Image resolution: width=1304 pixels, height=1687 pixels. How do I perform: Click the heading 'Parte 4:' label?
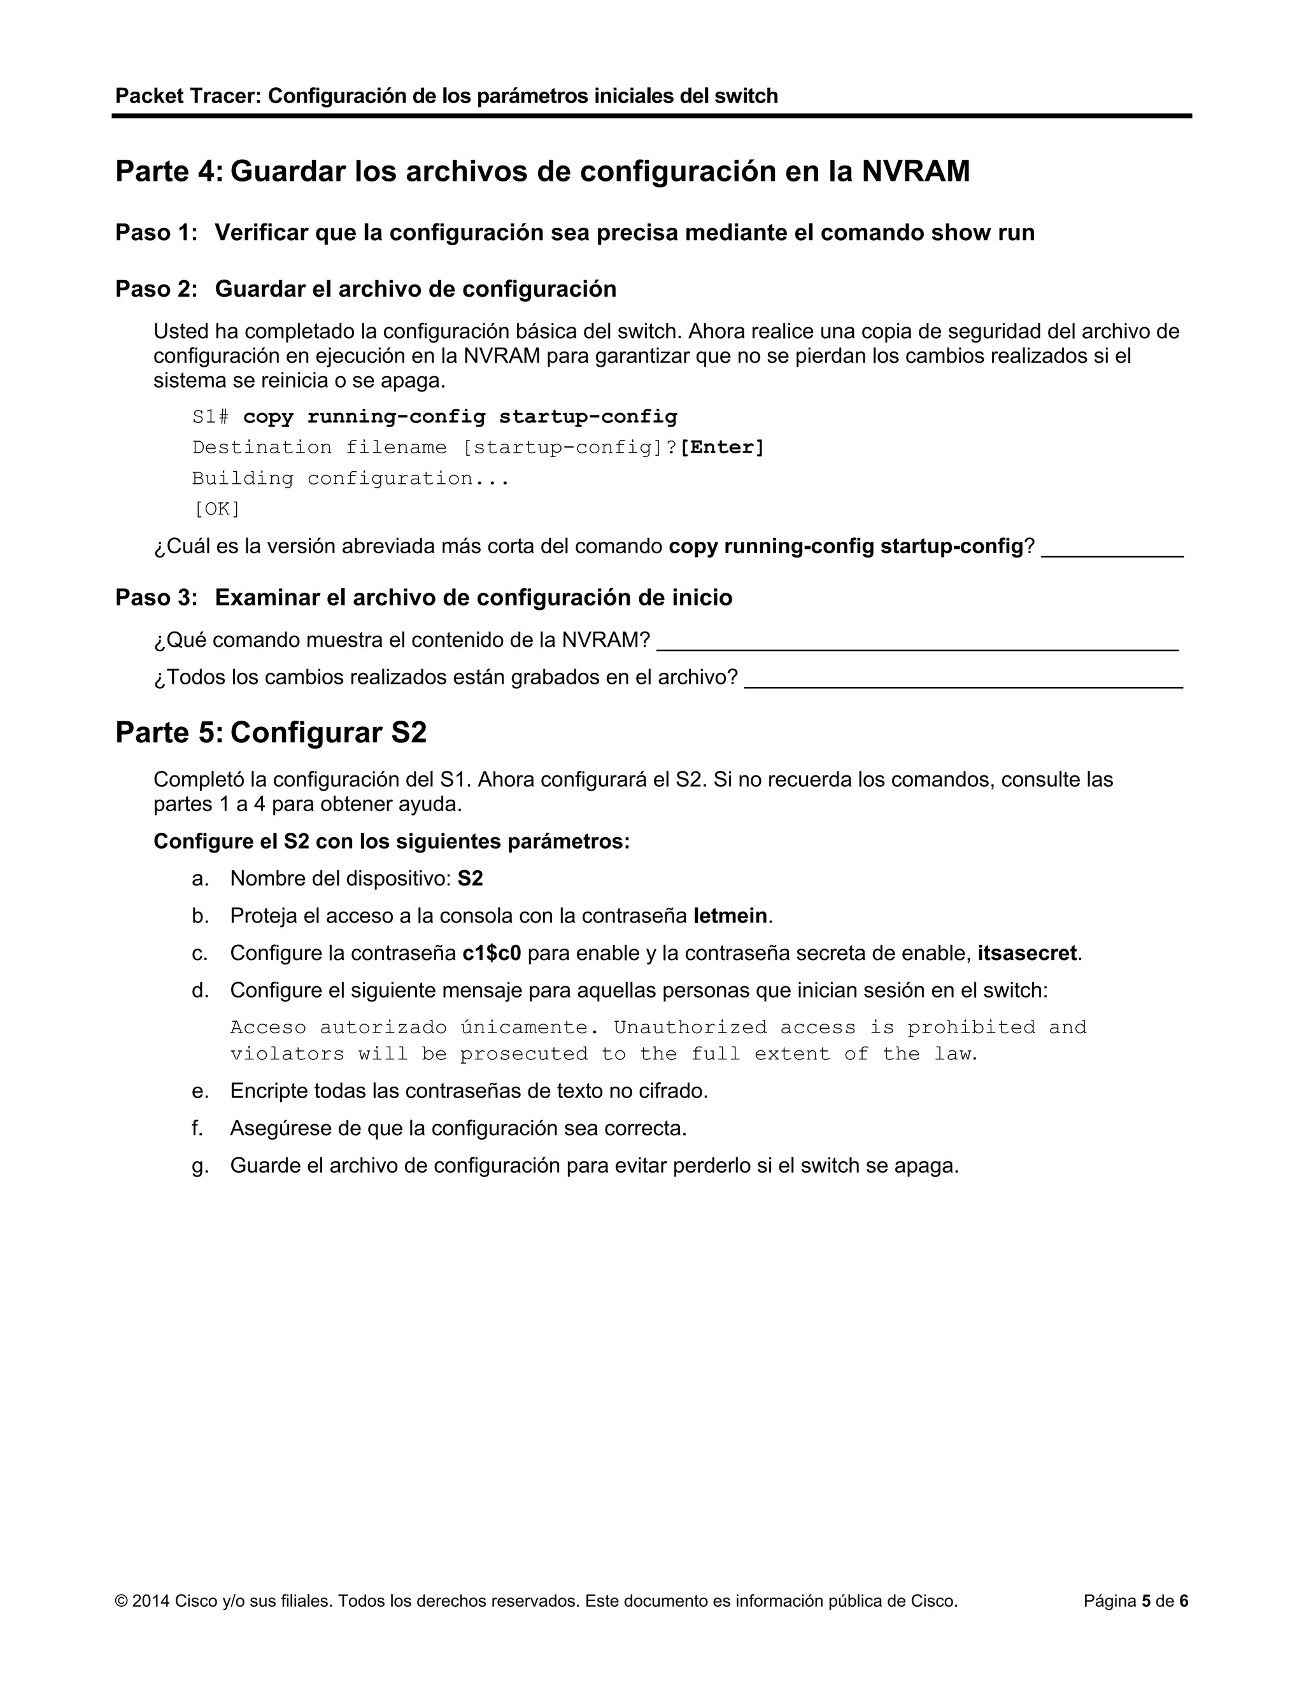(x=168, y=171)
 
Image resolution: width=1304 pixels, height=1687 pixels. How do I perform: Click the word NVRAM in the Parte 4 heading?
(x=916, y=171)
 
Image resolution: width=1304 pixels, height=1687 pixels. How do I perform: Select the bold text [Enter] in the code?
(x=722, y=448)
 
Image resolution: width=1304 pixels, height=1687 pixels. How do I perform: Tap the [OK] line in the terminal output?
(x=216, y=509)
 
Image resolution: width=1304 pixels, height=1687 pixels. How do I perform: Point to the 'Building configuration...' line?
(x=351, y=479)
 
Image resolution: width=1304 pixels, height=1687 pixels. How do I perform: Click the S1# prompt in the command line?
(x=210, y=417)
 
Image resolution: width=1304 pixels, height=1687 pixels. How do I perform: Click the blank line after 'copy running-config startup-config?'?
(x=1112, y=550)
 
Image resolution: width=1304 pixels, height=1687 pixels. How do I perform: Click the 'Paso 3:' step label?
(x=157, y=598)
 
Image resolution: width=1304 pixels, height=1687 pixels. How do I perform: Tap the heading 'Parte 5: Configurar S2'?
(x=271, y=732)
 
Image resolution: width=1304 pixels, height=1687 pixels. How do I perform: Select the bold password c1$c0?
(x=492, y=953)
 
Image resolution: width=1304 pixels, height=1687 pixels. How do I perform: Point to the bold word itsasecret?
(x=1026, y=953)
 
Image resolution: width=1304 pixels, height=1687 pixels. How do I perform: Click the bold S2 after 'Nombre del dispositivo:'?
(x=471, y=879)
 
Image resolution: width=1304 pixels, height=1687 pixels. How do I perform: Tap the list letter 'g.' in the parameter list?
(x=200, y=1166)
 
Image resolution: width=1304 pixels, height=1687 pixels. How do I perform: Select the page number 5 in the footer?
(x=1146, y=1601)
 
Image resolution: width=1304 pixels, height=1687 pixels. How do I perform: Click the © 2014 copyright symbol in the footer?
(x=121, y=1601)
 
